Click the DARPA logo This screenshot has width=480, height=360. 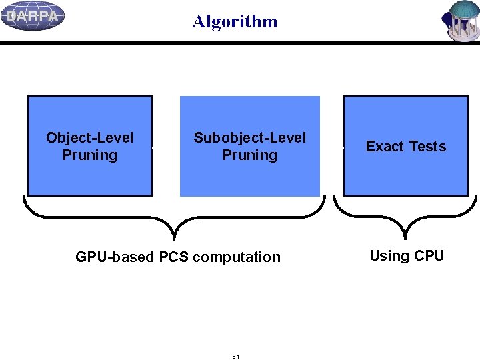(x=33, y=16)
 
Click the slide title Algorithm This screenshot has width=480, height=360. (x=235, y=21)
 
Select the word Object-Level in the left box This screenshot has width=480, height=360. (x=89, y=138)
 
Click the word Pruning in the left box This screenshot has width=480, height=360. (x=89, y=155)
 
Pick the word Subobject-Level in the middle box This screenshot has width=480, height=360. (x=249, y=138)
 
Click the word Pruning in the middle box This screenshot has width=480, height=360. (x=249, y=155)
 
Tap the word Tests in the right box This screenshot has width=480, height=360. (x=427, y=147)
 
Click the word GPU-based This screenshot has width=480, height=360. (x=115, y=257)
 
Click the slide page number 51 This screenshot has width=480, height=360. (x=235, y=357)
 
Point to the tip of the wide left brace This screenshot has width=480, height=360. (x=175, y=237)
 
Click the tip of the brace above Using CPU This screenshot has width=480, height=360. (x=405, y=237)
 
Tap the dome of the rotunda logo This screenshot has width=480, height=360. (x=465, y=9)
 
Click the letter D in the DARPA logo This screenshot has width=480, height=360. (x=11, y=17)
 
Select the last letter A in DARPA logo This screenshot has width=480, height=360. (x=53, y=17)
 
